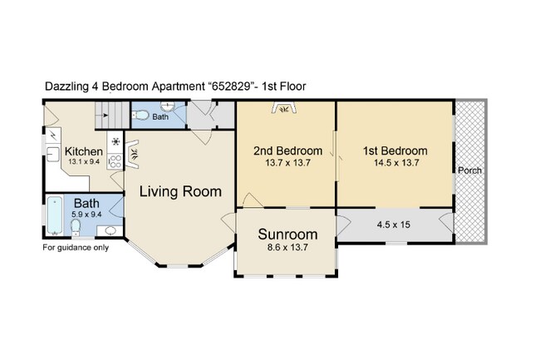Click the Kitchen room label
(x=84, y=151)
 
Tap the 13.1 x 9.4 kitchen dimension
(x=84, y=161)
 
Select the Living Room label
(x=180, y=191)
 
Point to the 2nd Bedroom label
(x=288, y=150)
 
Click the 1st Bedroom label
(x=395, y=150)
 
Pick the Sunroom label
(x=287, y=234)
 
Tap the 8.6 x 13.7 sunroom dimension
(x=287, y=248)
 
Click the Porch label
(x=469, y=170)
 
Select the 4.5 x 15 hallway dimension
(x=394, y=225)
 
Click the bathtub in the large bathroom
(x=54, y=215)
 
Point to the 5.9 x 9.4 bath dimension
(x=86, y=215)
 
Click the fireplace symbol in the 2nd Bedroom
(x=284, y=107)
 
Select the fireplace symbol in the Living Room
(x=132, y=154)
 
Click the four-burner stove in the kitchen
(x=115, y=161)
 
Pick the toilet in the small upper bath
(x=140, y=115)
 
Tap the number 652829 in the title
(x=231, y=86)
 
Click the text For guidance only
(x=76, y=248)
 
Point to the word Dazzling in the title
(x=66, y=86)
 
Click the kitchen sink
(x=52, y=154)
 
